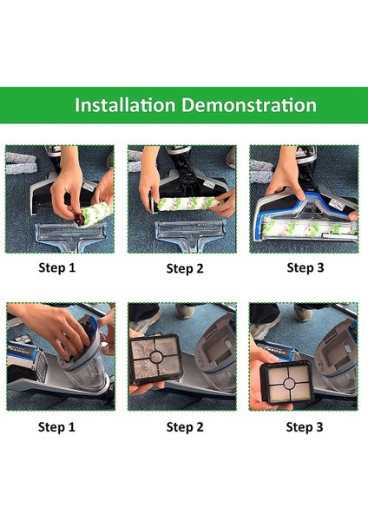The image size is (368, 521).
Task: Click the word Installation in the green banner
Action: (x=125, y=105)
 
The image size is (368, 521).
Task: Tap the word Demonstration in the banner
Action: (x=249, y=105)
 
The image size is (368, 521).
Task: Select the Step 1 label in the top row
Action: (x=57, y=267)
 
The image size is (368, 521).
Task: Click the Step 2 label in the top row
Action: (x=185, y=268)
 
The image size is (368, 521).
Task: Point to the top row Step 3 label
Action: (x=306, y=267)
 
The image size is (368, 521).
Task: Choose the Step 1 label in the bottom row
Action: (x=56, y=427)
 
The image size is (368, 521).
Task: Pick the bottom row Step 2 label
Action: (x=185, y=427)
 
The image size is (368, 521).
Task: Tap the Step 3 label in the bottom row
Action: (x=305, y=427)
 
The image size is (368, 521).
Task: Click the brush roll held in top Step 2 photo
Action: (x=189, y=203)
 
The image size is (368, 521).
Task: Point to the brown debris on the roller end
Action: (x=80, y=219)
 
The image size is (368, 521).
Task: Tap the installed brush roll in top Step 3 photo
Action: (x=309, y=229)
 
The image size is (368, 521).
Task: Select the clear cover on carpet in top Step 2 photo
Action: (x=190, y=233)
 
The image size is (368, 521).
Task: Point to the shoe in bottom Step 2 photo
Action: (x=185, y=312)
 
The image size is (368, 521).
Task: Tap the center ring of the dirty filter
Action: (x=156, y=358)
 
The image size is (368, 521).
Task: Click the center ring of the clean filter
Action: (x=288, y=383)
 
